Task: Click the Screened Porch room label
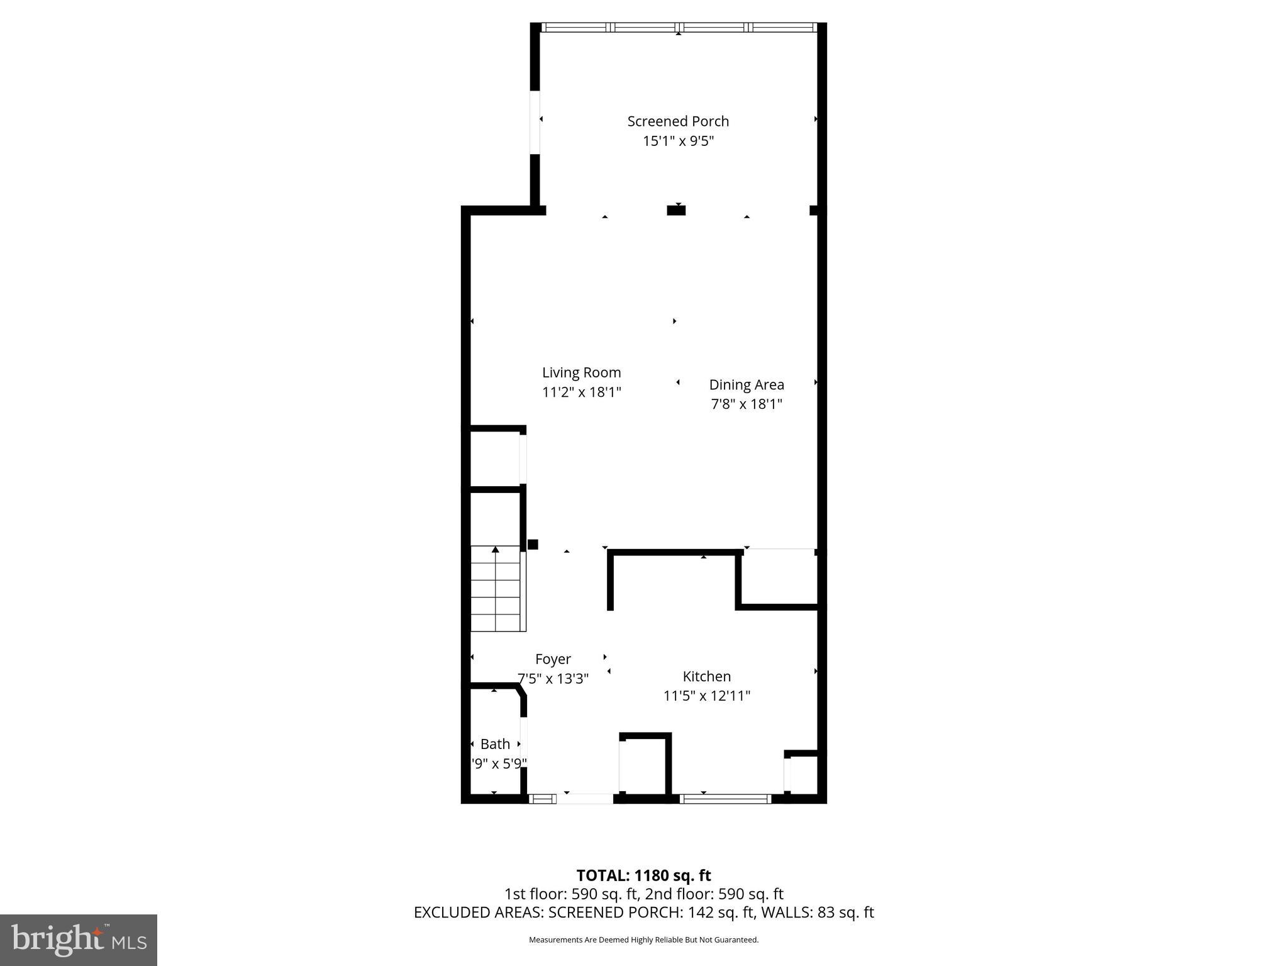tap(678, 121)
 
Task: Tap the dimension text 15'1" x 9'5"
tap(678, 141)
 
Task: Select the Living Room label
tap(581, 372)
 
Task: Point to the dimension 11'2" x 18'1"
tap(581, 392)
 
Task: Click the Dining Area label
tap(747, 384)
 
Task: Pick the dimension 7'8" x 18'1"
tap(747, 404)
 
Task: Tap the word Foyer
tap(553, 659)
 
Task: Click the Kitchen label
tap(707, 676)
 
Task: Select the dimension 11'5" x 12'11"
tap(707, 696)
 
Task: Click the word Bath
tap(495, 744)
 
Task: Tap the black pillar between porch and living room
tap(676, 211)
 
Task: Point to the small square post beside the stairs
tap(533, 545)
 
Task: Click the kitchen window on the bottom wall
tap(726, 799)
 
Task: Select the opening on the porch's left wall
tap(535, 122)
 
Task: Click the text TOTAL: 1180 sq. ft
tap(643, 875)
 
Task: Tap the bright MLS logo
tap(79, 940)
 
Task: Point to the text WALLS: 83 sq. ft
tap(818, 913)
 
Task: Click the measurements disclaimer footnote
tap(643, 940)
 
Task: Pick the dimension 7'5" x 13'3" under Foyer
tap(553, 679)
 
